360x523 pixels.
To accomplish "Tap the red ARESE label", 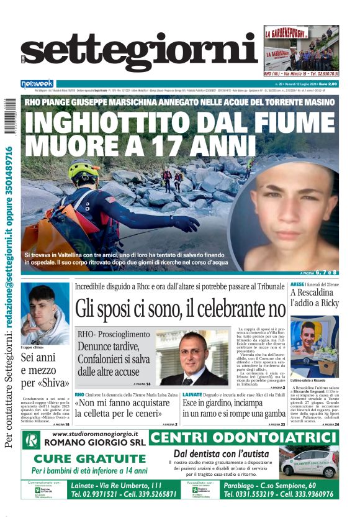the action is point(297,284).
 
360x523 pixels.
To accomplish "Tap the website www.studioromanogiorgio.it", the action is point(95,434).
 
